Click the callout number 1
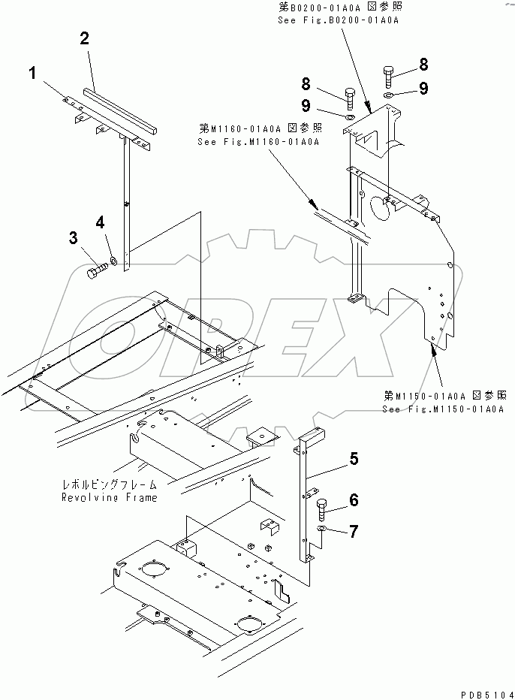coord(33,73)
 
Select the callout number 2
coord(85,39)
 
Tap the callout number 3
coord(74,239)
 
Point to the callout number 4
coord(100,222)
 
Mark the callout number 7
coord(354,531)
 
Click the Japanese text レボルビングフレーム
coord(119,486)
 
